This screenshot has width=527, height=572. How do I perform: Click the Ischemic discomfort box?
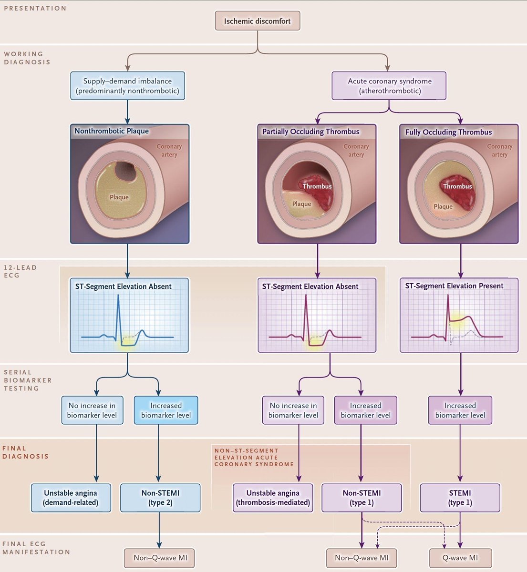click(258, 21)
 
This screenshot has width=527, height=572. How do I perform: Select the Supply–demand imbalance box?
click(127, 85)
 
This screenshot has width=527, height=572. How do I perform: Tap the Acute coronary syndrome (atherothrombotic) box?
click(389, 85)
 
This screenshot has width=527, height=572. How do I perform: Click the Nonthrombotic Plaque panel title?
click(112, 131)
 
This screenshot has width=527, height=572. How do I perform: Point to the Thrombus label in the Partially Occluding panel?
click(317, 186)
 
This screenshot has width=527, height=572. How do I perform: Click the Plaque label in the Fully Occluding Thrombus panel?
click(443, 206)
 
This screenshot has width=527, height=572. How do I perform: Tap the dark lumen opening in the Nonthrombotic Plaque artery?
click(124, 172)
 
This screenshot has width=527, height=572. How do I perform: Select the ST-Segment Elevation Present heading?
click(454, 286)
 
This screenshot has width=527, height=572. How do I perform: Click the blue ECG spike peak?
click(118, 296)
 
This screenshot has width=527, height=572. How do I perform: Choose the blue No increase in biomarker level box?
click(92, 410)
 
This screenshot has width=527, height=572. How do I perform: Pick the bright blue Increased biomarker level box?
click(166, 410)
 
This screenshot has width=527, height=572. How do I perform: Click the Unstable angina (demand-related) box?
click(71, 498)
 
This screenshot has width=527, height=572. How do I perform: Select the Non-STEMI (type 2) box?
click(160, 498)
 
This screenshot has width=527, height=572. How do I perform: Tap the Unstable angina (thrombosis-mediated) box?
click(273, 498)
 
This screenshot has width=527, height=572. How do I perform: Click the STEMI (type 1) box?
click(460, 498)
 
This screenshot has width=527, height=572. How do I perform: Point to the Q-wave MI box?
click(460, 558)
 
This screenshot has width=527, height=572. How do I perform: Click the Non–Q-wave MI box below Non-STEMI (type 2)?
click(159, 558)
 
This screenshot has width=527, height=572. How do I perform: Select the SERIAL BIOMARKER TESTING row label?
click(28, 380)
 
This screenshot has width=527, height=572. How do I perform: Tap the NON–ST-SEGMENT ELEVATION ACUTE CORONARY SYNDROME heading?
click(254, 458)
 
